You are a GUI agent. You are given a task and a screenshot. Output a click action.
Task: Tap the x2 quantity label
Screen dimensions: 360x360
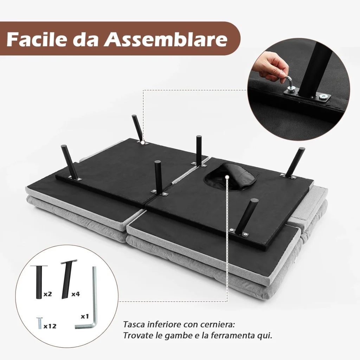point(47,294)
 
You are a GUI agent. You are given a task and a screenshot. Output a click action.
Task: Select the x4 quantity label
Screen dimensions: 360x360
point(76,294)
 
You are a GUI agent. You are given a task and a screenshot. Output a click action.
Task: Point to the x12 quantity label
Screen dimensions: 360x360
point(50,326)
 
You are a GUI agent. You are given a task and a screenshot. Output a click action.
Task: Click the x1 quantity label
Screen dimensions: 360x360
point(85,316)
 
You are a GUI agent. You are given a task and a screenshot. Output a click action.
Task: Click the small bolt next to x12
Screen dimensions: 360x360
point(39,323)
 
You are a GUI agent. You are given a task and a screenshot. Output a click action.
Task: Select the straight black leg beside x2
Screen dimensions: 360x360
point(39,282)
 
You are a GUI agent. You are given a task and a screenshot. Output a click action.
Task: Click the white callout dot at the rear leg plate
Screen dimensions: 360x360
point(143,143)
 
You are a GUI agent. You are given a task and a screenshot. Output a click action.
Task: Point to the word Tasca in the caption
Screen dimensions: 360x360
point(134,324)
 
